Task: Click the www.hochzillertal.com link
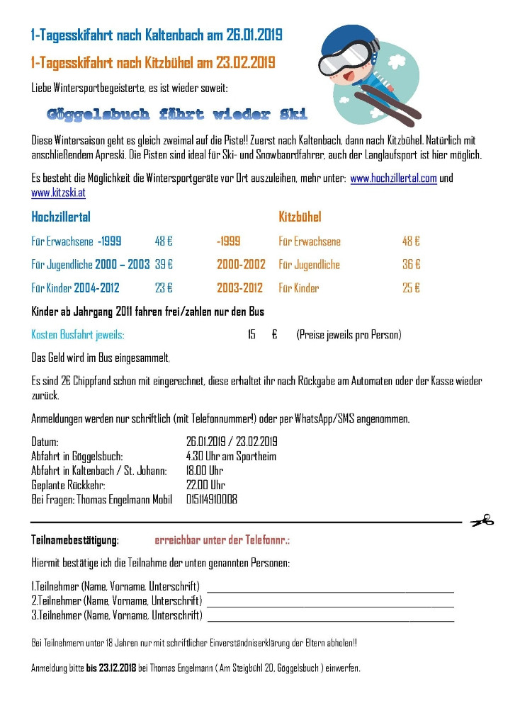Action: tap(393, 178)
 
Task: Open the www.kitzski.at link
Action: tap(59, 192)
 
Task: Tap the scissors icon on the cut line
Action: tap(482, 521)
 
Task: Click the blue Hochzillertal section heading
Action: tap(61, 217)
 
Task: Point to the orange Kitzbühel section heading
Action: tap(300, 217)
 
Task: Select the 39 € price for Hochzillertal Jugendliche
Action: tap(164, 264)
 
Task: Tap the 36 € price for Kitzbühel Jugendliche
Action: tap(411, 264)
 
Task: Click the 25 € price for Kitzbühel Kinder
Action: tap(411, 287)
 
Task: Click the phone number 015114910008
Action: tap(212, 499)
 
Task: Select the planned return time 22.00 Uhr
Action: tap(205, 485)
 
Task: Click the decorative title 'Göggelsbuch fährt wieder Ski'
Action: tap(177, 114)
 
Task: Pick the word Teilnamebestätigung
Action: tap(75, 540)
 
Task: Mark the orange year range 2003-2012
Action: tap(239, 287)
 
